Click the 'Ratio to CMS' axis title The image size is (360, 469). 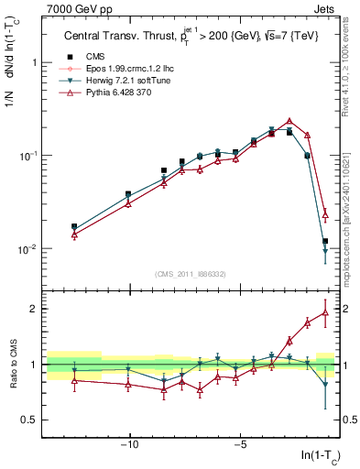(11, 364)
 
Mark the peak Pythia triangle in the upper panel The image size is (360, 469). (289, 121)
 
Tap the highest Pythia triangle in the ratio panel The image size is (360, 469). (325, 311)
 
